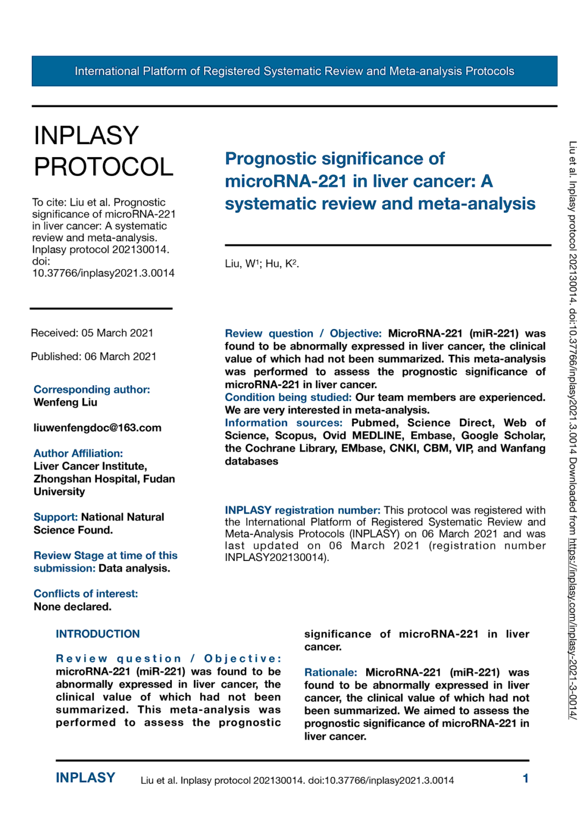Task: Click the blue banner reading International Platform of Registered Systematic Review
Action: (x=294, y=71)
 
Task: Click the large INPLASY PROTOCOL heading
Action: (x=103, y=151)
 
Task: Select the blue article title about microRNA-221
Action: (x=380, y=181)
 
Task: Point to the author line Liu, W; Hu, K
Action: (x=262, y=264)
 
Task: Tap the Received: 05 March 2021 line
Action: (x=92, y=333)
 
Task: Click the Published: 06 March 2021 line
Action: (x=94, y=356)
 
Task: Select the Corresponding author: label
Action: (x=92, y=389)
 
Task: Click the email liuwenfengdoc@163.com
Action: (x=97, y=428)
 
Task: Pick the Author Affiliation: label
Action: (x=78, y=453)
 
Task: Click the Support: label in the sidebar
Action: (x=55, y=517)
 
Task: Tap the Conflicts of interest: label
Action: (x=86, y=593)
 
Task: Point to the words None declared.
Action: (x=72, y=607)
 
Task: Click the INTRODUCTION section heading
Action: (x=97, y=634)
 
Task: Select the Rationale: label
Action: (x=330, y=672)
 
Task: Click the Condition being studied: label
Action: (x=288, y=397)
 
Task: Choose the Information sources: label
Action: (x=283, y=423)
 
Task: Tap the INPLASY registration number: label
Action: (x=302, y=510)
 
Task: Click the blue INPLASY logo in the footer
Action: (x=85, y=778)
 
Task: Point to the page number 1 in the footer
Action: (x=525, y=779)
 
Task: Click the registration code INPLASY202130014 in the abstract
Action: (x=274, y=558)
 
